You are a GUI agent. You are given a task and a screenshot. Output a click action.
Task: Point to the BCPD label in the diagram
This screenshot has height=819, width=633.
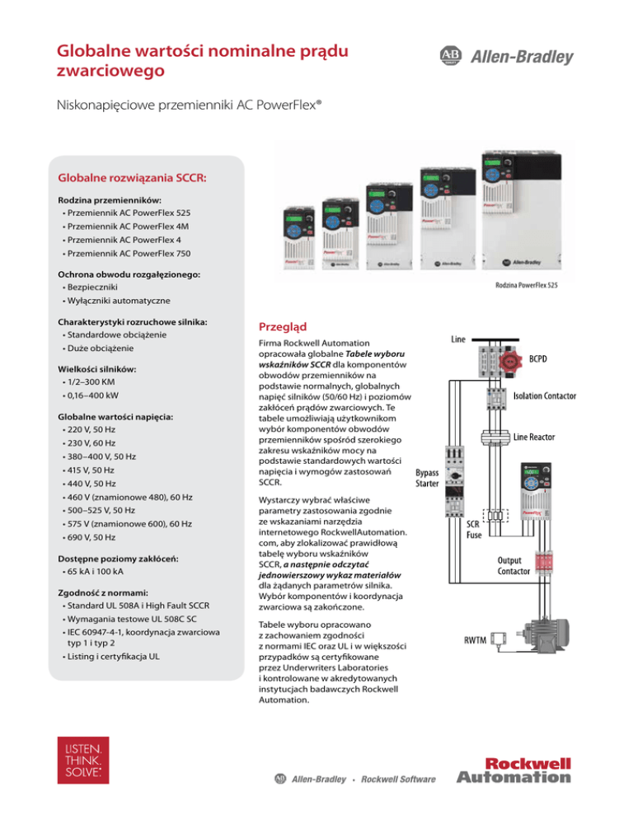tap(541, 359)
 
